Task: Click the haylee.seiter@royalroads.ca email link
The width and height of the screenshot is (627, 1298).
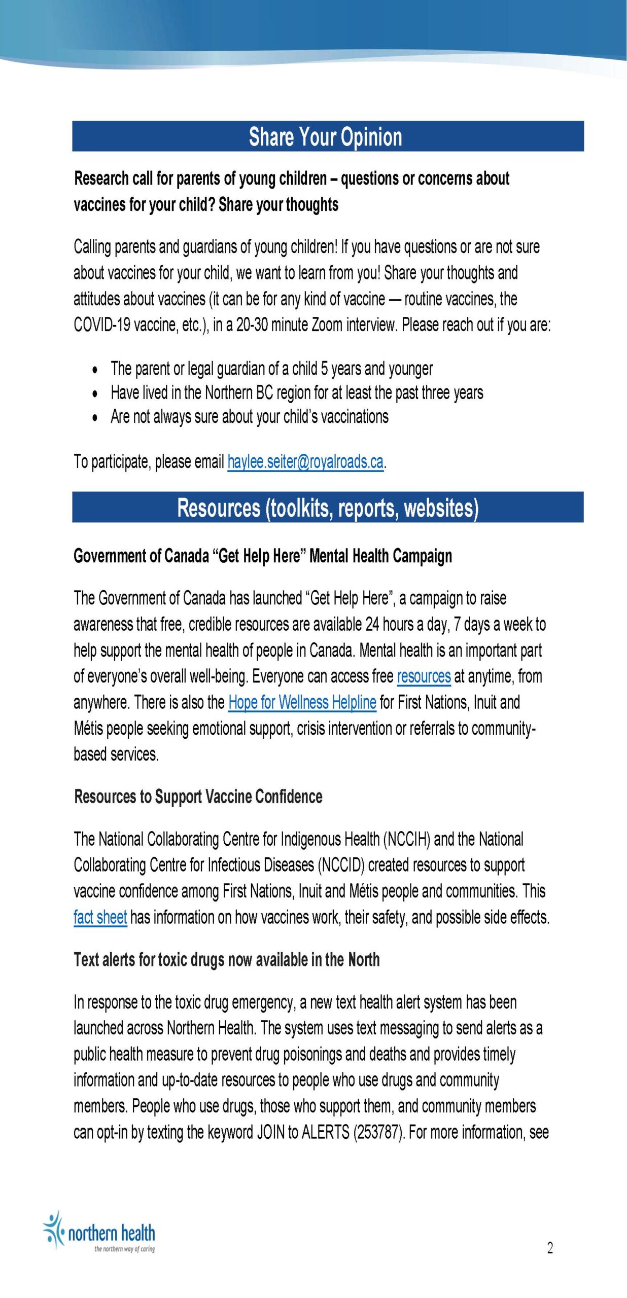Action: (305, 461)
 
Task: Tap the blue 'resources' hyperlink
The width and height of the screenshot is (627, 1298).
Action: (424, 676)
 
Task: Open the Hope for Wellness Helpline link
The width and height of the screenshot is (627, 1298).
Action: (302, 702)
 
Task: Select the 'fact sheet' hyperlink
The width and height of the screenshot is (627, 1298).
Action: (100, 917)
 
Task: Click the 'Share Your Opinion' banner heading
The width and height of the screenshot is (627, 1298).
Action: (325, 137)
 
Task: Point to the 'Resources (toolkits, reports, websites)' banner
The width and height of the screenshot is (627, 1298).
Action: (328, 508)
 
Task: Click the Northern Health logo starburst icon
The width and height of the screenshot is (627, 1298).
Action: (53, 1230)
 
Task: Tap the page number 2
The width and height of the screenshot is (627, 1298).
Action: (549, 1248)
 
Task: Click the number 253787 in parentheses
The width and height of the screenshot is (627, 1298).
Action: (378, 1132)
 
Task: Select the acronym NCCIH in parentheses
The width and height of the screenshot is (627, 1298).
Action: (407, 840)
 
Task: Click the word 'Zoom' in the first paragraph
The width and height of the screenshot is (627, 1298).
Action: (327, 324)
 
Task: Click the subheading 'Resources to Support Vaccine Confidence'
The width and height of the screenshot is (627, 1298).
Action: (198, 797)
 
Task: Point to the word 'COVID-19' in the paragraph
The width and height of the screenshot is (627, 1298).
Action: (102, 324)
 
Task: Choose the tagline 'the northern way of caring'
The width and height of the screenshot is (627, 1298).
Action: (124, 1249)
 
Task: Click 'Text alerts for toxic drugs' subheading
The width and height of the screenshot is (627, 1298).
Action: (226, 960)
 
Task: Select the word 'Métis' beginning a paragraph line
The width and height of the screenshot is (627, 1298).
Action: (89, 729)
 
